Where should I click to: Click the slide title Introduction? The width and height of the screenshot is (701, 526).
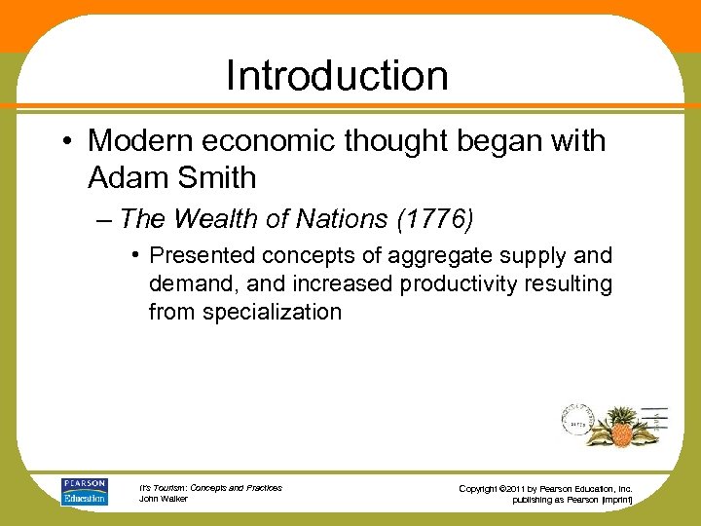tap(337, 76)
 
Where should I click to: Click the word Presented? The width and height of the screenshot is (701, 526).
tap(200, 256)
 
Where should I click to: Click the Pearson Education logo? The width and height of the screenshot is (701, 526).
tap(85, 491)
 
